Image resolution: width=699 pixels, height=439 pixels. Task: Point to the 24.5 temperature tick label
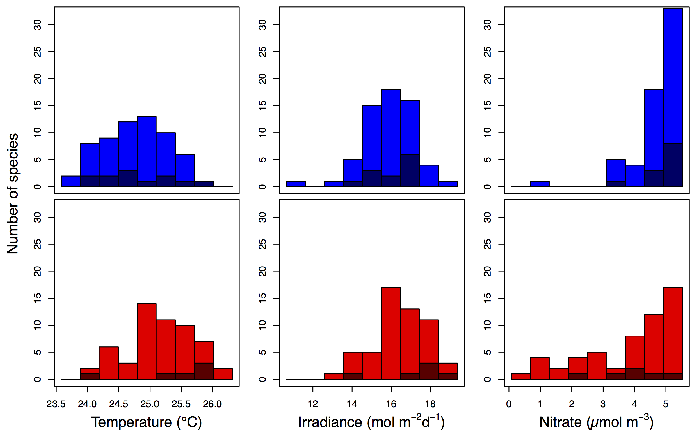[118, 404]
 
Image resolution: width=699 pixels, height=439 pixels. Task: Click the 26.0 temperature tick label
[212, 404]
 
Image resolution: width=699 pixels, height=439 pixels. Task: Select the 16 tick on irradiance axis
[391, 404]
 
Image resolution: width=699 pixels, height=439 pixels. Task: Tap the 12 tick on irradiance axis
[313, 404]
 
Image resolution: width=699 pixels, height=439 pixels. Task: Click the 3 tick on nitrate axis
[603, 404]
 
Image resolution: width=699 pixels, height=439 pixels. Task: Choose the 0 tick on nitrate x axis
[509, 404]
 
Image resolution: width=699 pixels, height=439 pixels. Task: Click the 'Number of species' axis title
[13, 194]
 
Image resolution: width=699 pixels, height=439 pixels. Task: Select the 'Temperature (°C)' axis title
[147, 422]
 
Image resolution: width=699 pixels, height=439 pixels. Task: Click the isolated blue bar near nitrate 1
[540, 184]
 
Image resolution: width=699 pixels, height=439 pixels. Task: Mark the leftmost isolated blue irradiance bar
[296, 184]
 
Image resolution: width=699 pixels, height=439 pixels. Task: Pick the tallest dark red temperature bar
[204, 371]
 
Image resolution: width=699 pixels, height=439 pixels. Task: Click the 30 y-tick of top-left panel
[38, 25]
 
